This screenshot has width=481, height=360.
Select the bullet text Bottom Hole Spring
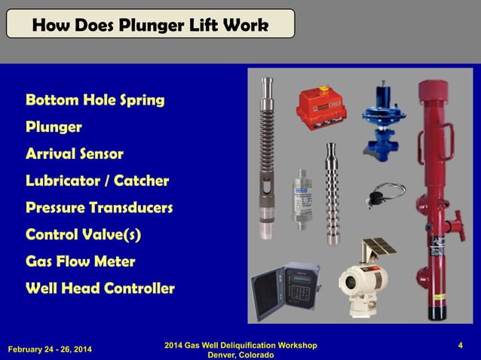coord(95,99)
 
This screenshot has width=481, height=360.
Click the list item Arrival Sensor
coord(75,154)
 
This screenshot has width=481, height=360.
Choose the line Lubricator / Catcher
coord(97,181)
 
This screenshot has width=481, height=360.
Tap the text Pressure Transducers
coord(100,207)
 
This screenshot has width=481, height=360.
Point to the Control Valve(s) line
coord(84,234)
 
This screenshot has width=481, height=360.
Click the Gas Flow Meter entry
coord(81,261)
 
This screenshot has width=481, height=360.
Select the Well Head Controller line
coord(100,288)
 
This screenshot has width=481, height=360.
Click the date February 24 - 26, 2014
coord(51,349)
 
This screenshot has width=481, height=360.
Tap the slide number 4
coord(460,346)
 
